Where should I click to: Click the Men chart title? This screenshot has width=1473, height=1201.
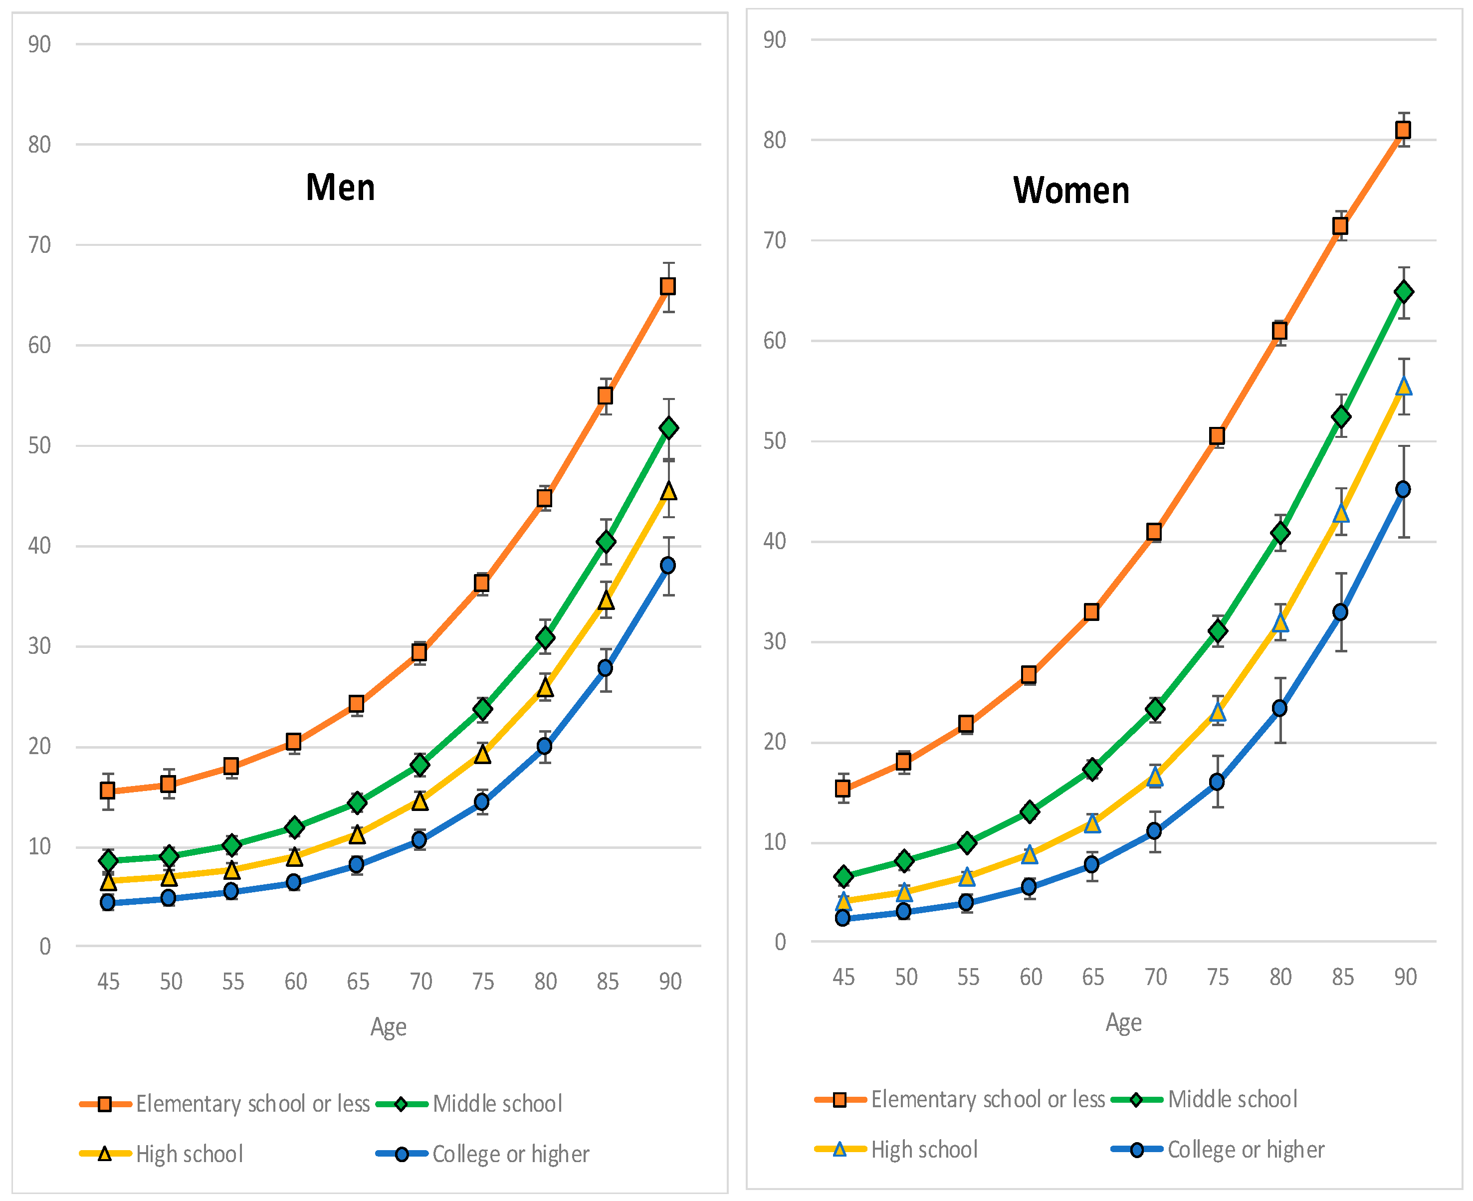tap(340, 188)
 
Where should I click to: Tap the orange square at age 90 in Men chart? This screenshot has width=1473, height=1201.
tap(667, 286)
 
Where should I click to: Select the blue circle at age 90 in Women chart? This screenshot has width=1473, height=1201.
tap(1403, 490)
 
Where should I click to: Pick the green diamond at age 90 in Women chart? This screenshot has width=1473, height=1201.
tap(1403, 292)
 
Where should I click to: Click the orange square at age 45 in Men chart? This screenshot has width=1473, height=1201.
tap(107, 790)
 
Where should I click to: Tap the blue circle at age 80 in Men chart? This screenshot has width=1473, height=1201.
tap(545, 746)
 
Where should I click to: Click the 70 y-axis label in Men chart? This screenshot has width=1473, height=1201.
tap(39, 245)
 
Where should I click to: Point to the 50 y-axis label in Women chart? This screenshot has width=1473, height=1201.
tap(774, 441)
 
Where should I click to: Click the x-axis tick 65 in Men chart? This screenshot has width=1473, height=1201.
tap(358, 982)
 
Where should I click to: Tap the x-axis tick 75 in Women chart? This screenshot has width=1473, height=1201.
tap(1218, 977)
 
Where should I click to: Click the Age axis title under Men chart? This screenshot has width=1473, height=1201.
tap(388, 1026)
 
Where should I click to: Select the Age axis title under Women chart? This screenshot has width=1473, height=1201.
tap(1123, 1022)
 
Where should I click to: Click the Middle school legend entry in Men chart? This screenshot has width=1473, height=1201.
tap(497, 1103)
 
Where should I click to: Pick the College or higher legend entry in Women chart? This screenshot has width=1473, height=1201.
tap(1246, 1149)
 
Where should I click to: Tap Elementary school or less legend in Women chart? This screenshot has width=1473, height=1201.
tap(987, 1099)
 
